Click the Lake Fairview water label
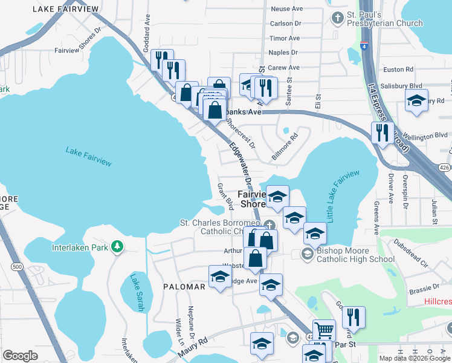pos(88,161)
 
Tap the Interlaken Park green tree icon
pos(118,246)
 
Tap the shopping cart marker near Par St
pos(324,330)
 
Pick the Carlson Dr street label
pos(286,24)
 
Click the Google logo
pos(20,356)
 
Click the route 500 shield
pos(16,266)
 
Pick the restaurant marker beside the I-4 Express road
pos(381,132)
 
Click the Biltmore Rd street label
pos(285,146)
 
